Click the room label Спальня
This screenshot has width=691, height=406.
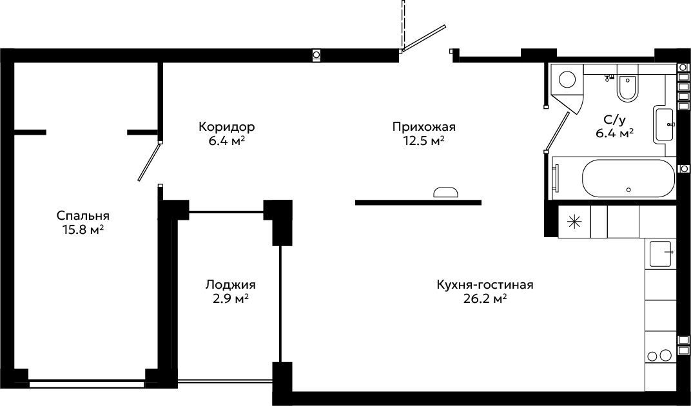[83, 216]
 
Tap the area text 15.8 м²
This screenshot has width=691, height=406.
[83, 229]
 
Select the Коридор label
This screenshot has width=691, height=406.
[226, 127]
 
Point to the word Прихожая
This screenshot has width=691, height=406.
[424, 127]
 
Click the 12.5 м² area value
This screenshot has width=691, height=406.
[424, 141]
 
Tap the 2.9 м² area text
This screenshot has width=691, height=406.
[231, 299]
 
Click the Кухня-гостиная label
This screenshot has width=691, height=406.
[485, 285]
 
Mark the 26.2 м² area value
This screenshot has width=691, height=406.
[485, 299]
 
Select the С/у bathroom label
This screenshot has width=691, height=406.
[614, 119]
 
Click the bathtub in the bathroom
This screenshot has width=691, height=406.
[628, 179]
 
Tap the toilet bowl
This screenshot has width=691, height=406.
[627, 87]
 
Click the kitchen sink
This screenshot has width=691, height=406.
[660, 254]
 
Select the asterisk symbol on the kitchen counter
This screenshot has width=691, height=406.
[574, 222]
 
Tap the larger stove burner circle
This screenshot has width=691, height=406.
[666, 355]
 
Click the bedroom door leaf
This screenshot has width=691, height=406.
[149, 161]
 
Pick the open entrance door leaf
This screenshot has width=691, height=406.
[423, 37]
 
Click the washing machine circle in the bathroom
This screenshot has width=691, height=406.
[567, 80]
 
